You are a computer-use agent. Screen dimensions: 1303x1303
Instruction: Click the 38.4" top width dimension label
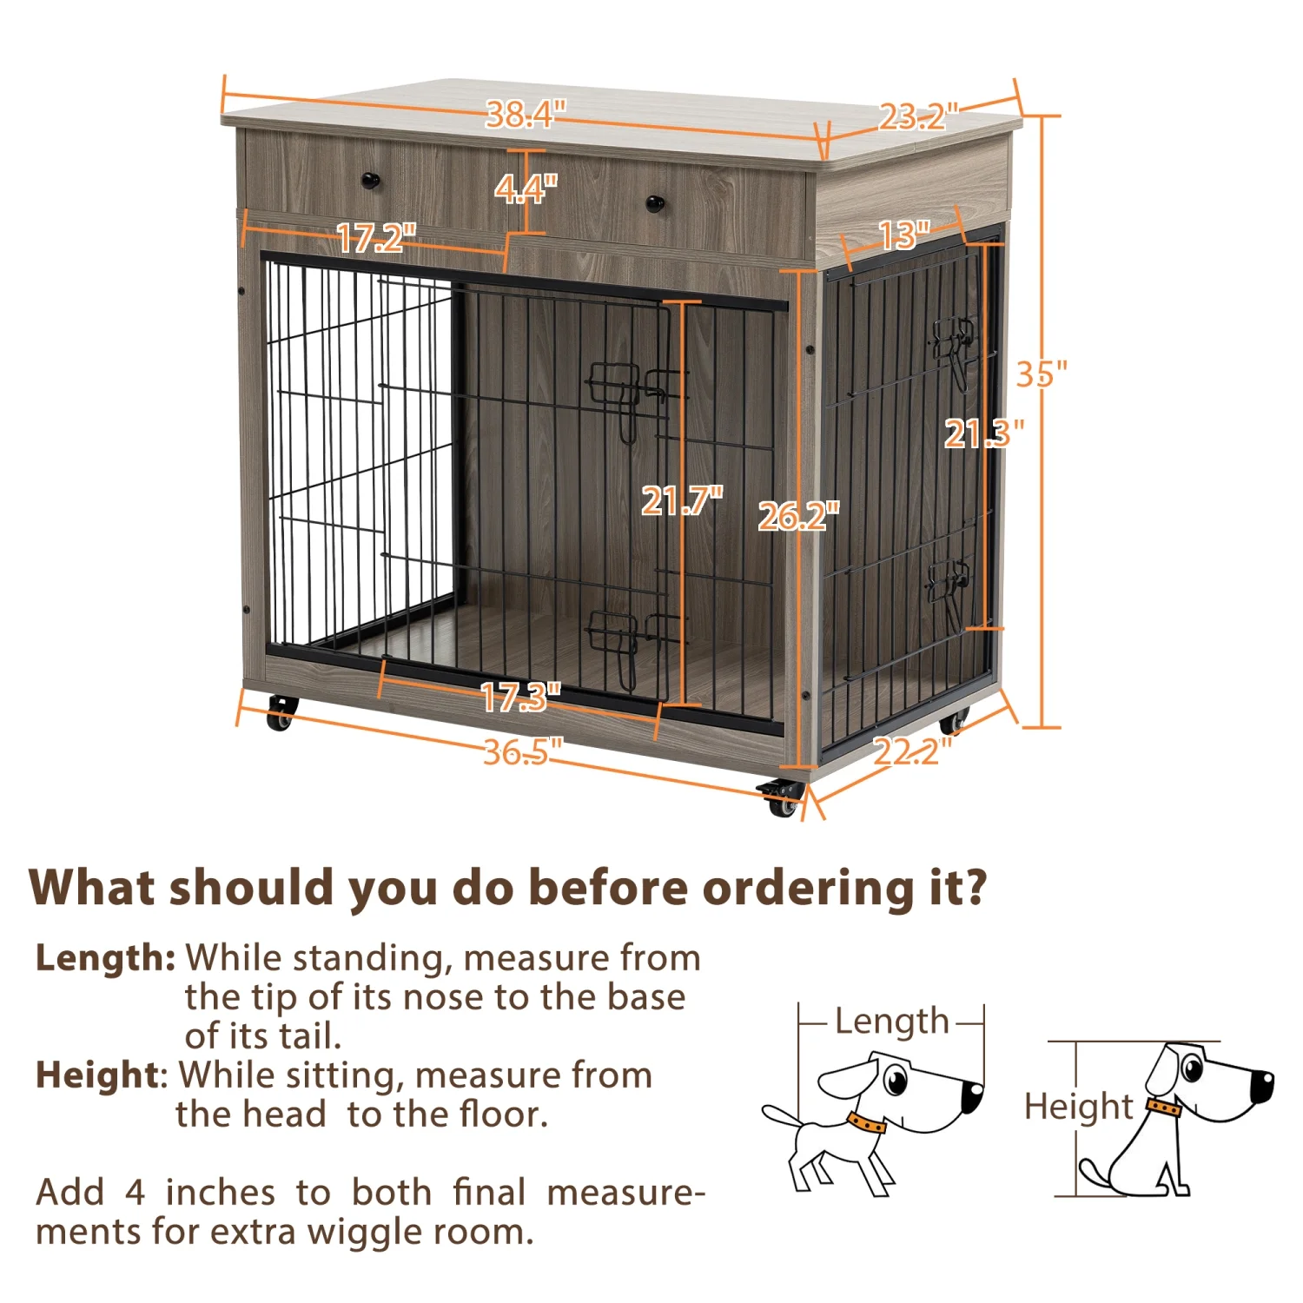[526, 114]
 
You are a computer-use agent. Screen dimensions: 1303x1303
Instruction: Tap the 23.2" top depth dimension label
[917, 116]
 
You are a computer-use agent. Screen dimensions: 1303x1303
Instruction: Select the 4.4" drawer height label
[526, 188]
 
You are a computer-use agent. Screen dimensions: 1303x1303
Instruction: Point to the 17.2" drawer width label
[375, 238]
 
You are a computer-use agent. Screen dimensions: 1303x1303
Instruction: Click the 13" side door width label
[903, 235]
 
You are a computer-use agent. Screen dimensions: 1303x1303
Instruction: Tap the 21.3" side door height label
[983, 433]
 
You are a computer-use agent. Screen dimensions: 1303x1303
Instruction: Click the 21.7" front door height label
[681, 500]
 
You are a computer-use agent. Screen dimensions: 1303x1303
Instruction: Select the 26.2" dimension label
[798, 516]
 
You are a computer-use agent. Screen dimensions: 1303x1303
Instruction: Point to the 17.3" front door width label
[520, 697]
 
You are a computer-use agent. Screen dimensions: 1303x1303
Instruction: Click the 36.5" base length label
[522, 751]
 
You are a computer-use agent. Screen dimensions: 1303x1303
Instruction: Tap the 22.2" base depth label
[911, 751]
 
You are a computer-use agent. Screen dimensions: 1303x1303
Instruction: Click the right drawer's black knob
[655, 203]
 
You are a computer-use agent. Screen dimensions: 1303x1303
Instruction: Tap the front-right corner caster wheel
[782, 799]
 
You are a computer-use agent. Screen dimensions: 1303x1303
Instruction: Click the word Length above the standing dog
[891, 1022]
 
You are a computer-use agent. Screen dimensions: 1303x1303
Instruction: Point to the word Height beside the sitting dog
[1078, 1107]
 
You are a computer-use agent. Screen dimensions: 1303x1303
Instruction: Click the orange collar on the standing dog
[866, 1123]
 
